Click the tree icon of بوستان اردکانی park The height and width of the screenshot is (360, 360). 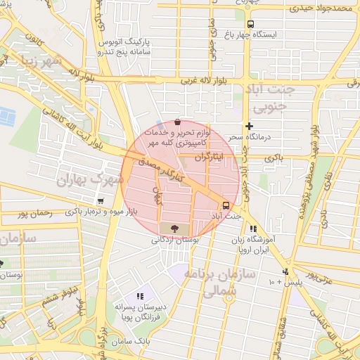coord(169,228)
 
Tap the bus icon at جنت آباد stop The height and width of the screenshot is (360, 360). coord(225,205)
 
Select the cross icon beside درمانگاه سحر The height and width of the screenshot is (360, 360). coord(248,126)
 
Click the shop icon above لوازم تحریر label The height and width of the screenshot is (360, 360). coord(176,122)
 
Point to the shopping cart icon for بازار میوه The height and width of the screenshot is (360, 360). coord(102,201)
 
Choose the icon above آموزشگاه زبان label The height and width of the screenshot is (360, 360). coord(253,229)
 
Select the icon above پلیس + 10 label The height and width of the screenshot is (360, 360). coord(285,271)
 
